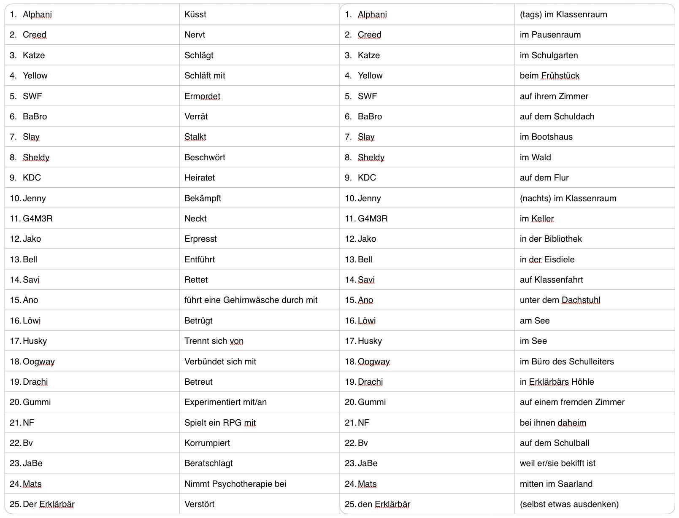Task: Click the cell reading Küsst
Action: pos(195,14)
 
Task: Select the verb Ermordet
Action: pos(202,96)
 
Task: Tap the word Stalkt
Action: pos(195,137)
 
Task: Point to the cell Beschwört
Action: pos(205,157)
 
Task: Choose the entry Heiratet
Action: pos(199,178)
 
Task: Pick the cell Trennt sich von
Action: pos(214,341)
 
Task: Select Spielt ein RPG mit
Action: pos(220,423)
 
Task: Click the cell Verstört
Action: pos(199,504)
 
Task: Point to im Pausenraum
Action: pos(550,35)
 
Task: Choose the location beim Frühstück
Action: pos(549,76)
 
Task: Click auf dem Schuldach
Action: pos(557,116)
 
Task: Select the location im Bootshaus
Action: pos(546,137)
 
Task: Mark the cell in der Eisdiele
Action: pos(547,259)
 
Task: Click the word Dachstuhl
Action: pos(581,300)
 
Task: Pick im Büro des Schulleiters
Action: pos(566,362)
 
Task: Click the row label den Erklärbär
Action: pos(384,504)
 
